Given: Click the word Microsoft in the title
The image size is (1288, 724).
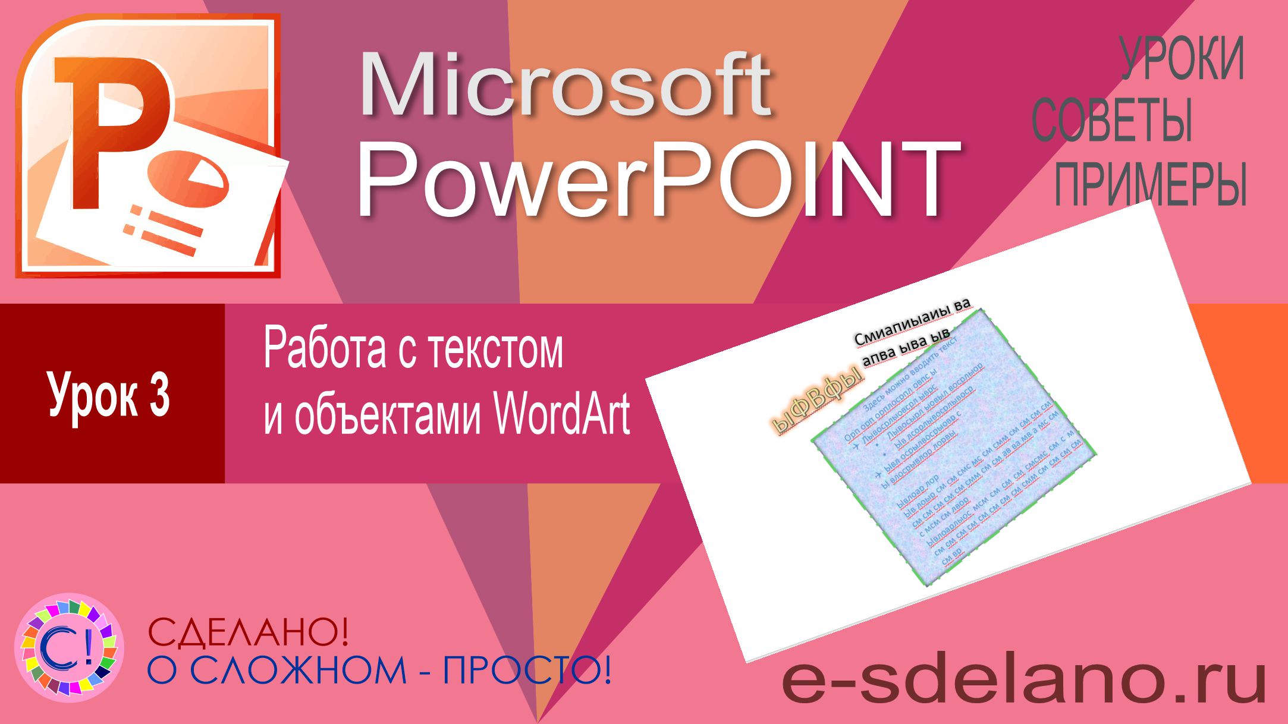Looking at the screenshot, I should pyautogui.click(x=565, y=86).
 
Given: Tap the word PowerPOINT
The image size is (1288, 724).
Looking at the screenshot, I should pyautogui.click(x=657, y=178).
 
